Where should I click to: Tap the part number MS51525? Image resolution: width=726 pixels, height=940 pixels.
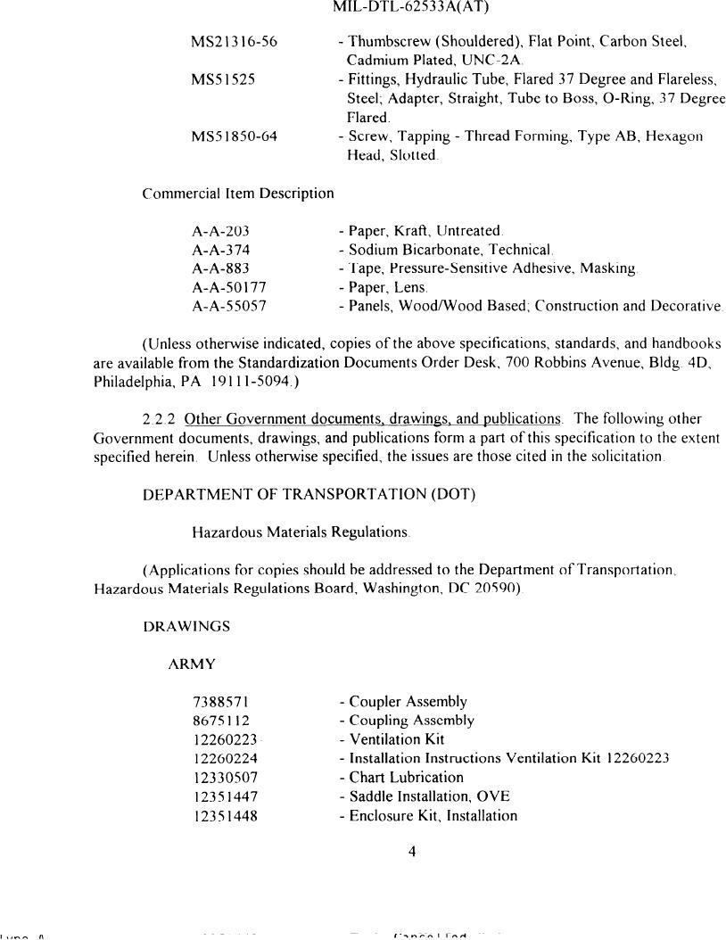(224, 79)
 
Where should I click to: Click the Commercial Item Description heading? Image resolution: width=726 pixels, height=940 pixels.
(238, 193)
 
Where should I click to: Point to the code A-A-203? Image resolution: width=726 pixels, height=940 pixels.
(220, 231)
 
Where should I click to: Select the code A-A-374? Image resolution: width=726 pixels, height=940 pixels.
(220, 250)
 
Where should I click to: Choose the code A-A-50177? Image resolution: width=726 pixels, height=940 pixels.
(229, 287)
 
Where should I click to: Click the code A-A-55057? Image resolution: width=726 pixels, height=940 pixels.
(229, 306)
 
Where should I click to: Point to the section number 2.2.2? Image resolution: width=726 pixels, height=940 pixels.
(160, 418)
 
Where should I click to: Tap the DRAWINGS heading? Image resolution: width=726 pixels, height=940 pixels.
(186, 626)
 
